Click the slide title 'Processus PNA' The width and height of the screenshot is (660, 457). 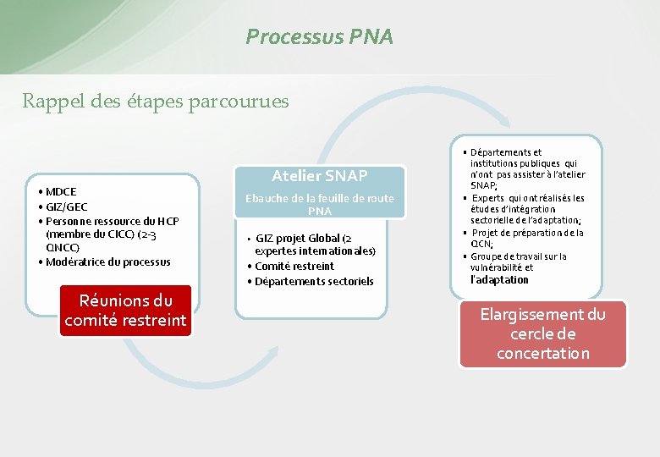(x=319, y=37)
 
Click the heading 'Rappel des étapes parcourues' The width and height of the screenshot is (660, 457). (x=155, y=102)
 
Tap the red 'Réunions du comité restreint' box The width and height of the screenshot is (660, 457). (x=125, y=310)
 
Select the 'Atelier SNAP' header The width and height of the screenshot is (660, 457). (x=319, y=176)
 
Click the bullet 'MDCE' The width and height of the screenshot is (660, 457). (x=61, y=192)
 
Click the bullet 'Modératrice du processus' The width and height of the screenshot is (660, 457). (x=107, y=262)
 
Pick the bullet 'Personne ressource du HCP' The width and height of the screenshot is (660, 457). (x=113, y=221)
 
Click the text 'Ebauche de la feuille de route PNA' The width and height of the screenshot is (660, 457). (x=319, y=204)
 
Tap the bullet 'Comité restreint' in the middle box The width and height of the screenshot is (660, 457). (x=294, y=266)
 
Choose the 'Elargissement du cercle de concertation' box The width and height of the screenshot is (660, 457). (x=542, y=333)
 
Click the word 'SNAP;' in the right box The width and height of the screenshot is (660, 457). (x=483, y=185)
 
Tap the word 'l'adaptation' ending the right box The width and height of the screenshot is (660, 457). (x=499, y=279)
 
